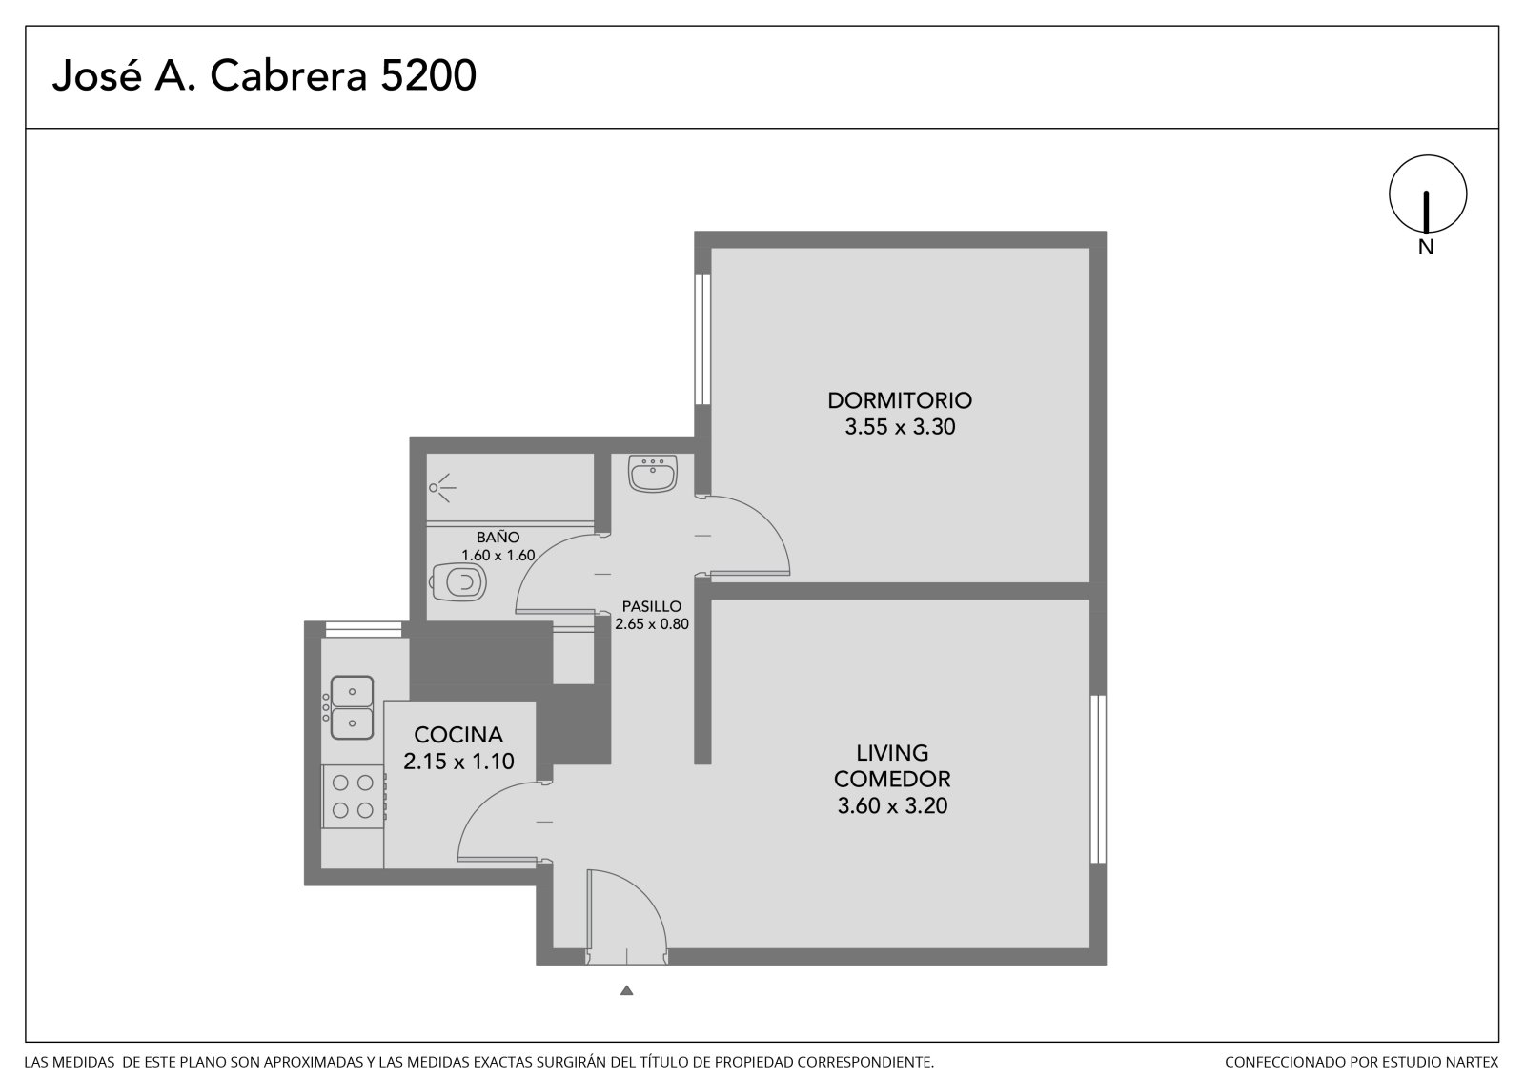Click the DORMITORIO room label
tap(900, 399)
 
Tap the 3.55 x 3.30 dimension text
tap(900, 427)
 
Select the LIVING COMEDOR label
tap(892, 765)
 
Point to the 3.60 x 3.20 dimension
tap(892, 805)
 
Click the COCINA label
tap(458, 735)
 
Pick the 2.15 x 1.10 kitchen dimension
tap(458, 761)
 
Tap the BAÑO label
tap(498, 538)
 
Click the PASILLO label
tap(652, 606)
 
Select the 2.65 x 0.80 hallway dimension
tap(652, 623)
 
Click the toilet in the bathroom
tap(458, 582)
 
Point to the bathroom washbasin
tap(652, 473)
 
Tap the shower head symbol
tap(442, 488)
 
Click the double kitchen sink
tap(351, 707)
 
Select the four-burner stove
tap(354, 797)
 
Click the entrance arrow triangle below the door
tap(627, 991)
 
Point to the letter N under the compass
tap(1426, 247)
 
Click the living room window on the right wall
tap(1097, 779)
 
